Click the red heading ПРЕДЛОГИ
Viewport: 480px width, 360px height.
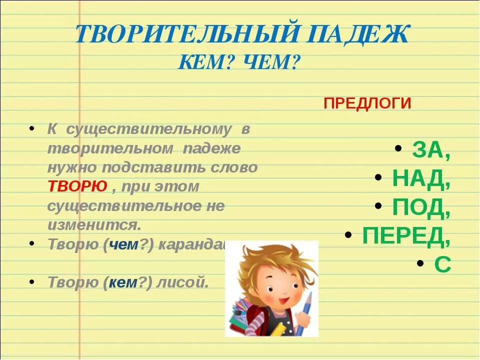coord(367,103)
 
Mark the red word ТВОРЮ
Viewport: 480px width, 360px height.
coord(77,186)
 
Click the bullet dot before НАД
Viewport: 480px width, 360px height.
coord(379,178)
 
